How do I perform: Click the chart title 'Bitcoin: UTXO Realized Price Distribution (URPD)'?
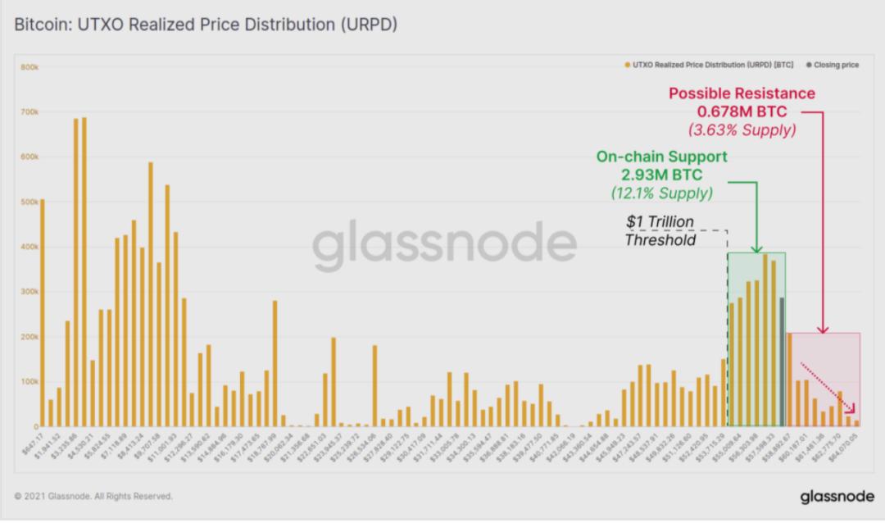(206, 25)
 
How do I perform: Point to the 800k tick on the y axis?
(30, 66)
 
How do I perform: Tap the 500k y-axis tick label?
(30, 202)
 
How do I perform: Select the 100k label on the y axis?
(30, 382)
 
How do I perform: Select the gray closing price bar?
(782, 361)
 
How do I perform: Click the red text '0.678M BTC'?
(742, 111)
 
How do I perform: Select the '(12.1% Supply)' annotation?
(661, 193)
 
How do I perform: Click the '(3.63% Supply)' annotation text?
(742, 130)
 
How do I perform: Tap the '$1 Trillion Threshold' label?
(660, 231)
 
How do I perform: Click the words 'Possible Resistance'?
(742, 93)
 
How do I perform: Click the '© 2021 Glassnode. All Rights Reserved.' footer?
(93, 497)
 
